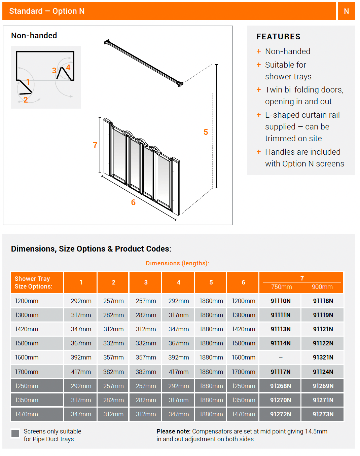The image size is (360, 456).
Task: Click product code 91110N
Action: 280,301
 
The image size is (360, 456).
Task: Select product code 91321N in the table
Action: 323,357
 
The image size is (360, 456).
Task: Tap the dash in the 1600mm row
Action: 280,357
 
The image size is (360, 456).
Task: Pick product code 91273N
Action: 323,414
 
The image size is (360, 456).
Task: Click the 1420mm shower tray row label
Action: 27,329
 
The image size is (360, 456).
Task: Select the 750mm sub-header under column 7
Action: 281,287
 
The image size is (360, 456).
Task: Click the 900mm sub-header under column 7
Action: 322,287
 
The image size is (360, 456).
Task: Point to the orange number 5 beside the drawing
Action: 206,132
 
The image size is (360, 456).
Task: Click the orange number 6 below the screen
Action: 133,202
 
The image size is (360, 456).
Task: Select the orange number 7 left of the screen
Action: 95,145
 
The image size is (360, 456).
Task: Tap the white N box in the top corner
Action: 346,11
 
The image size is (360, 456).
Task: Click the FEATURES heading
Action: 278,37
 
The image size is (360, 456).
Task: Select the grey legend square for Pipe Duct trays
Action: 15,433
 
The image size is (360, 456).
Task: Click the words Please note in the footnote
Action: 173,431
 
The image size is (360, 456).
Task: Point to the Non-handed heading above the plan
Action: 34,36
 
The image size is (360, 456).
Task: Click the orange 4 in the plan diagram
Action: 68,68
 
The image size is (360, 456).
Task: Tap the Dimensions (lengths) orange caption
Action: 177,263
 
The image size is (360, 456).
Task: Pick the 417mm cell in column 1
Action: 81,372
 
